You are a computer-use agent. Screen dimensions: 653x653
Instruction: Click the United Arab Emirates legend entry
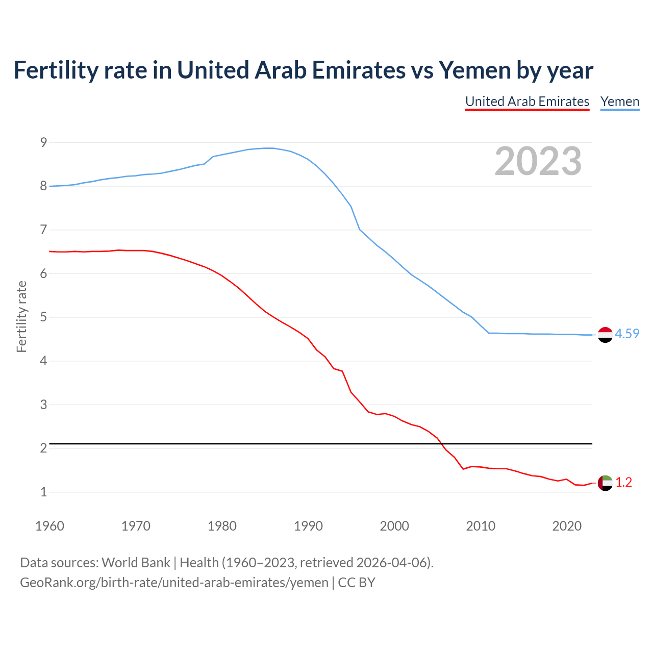click(527, 102)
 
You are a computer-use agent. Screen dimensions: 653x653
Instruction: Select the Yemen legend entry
click(620, 102)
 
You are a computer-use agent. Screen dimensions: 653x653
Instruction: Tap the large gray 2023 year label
click(538, 161)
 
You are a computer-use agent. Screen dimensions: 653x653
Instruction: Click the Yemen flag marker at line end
click(605, 335)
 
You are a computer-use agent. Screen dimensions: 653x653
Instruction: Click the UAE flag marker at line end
click(605, 482)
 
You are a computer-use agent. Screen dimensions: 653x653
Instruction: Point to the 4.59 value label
click(627, 334)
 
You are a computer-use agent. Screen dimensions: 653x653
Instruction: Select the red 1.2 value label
click(623, 482)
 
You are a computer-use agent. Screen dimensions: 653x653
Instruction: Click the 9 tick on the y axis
click(43, 142)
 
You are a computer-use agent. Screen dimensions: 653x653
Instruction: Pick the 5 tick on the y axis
click(43, 317)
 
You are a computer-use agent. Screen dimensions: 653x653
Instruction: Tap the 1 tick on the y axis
click(43, 492)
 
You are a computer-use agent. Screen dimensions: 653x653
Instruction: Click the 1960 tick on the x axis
click(49, 526)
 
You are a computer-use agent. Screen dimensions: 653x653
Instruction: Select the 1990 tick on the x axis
click(308, 526)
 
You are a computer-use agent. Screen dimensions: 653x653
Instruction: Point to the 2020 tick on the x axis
click(567, 526)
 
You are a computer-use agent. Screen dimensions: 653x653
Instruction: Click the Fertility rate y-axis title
click(21, 316)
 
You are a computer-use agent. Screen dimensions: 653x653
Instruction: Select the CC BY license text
click(357, 583)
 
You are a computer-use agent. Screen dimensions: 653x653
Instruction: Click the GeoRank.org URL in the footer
click(174, 583)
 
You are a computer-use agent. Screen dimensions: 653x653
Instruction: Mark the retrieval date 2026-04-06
click(391, 563)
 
